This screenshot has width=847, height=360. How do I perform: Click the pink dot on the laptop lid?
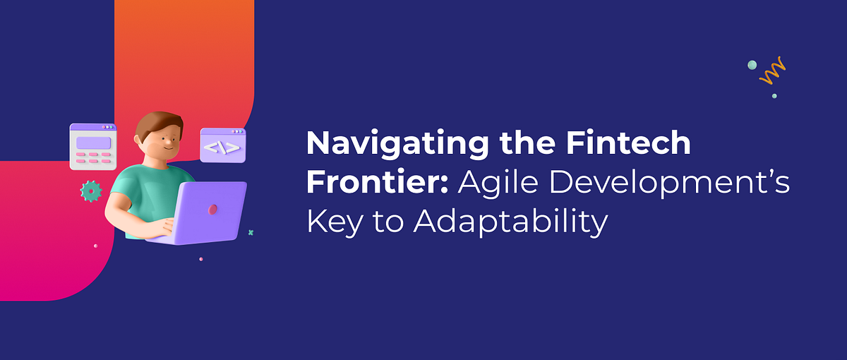tap(213, 210)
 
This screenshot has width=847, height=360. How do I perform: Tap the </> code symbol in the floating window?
tap(222, 148)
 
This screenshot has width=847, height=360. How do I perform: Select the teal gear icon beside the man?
tap(91, 191)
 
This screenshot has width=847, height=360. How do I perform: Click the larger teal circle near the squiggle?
tap(752, 65)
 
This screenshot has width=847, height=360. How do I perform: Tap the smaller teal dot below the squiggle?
tap(774, 95)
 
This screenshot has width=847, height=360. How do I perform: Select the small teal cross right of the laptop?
tap(251, 232)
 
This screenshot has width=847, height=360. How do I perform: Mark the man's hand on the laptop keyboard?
tap(164, 227)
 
